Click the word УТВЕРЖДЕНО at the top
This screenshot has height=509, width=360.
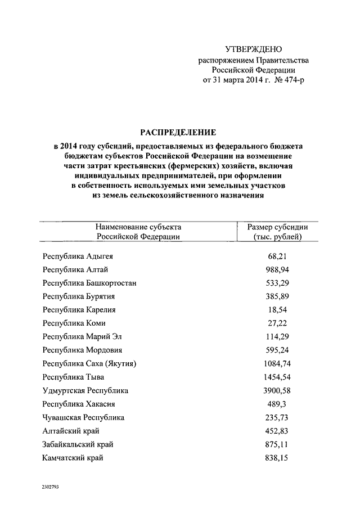tap(253, 49)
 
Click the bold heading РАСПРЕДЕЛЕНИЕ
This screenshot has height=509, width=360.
tap(179, 133)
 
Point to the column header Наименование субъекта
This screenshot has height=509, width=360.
tap(138, 227)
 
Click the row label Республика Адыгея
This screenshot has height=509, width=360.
tap(78, 256)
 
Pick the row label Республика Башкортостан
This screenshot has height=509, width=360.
tap(89, 283)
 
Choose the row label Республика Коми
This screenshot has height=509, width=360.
tap(74, 323)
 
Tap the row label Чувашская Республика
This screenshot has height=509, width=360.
tap(83, 417)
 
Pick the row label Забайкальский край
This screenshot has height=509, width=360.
tap(78, 444)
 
